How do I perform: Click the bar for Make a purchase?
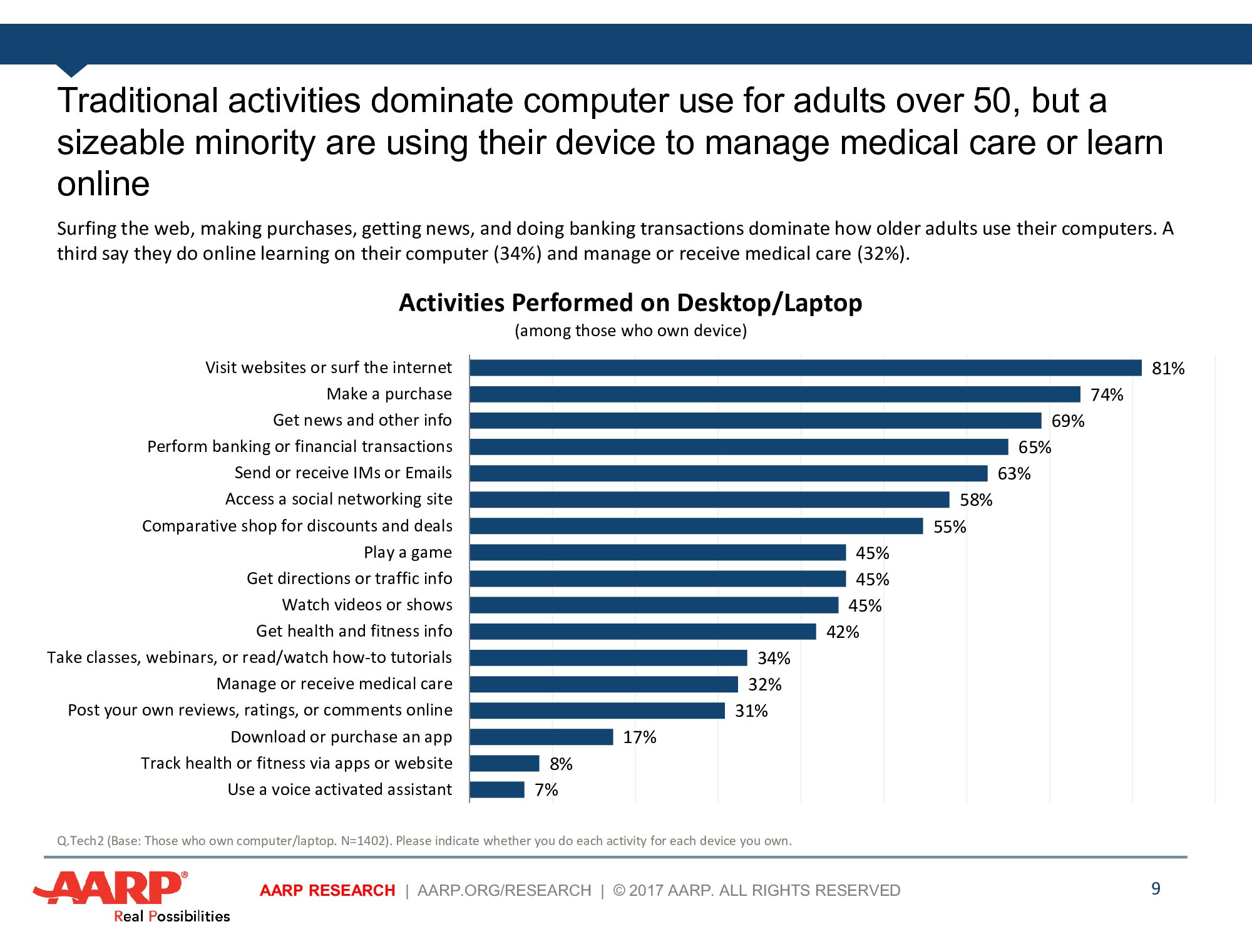pos(775,394)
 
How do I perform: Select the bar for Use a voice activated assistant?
pos(497,790)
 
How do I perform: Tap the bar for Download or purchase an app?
pos(541,737)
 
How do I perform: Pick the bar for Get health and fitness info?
pos(643,632)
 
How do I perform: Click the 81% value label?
pos(1168,369)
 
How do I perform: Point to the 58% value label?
pos(976,500)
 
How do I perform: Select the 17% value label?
pos(639,737)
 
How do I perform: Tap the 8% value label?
pos(561,764)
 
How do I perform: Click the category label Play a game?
pos(408,553)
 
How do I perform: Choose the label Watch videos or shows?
pos(367,605)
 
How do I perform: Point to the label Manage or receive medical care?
pos(334,684)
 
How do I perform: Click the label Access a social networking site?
pos(339,500)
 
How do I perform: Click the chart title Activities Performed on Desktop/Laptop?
pos(630,303)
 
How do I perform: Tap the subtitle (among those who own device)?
pos(630,331)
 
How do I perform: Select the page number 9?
pos(1156,889)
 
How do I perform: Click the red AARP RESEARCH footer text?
pos(327,890)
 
